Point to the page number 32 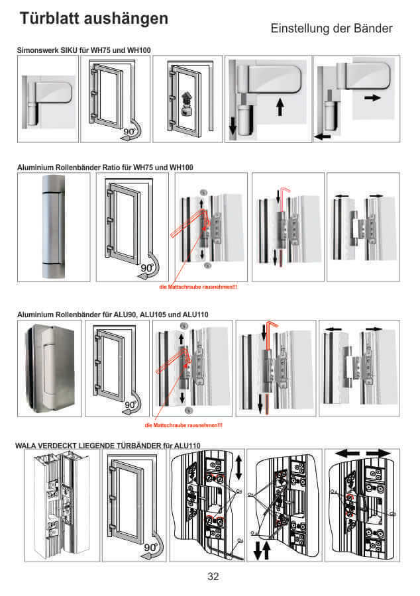click(213, 576)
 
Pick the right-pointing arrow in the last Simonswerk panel click(373, 97)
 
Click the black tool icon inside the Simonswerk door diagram click(187, 101)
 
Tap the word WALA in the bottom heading click(27, 445)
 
